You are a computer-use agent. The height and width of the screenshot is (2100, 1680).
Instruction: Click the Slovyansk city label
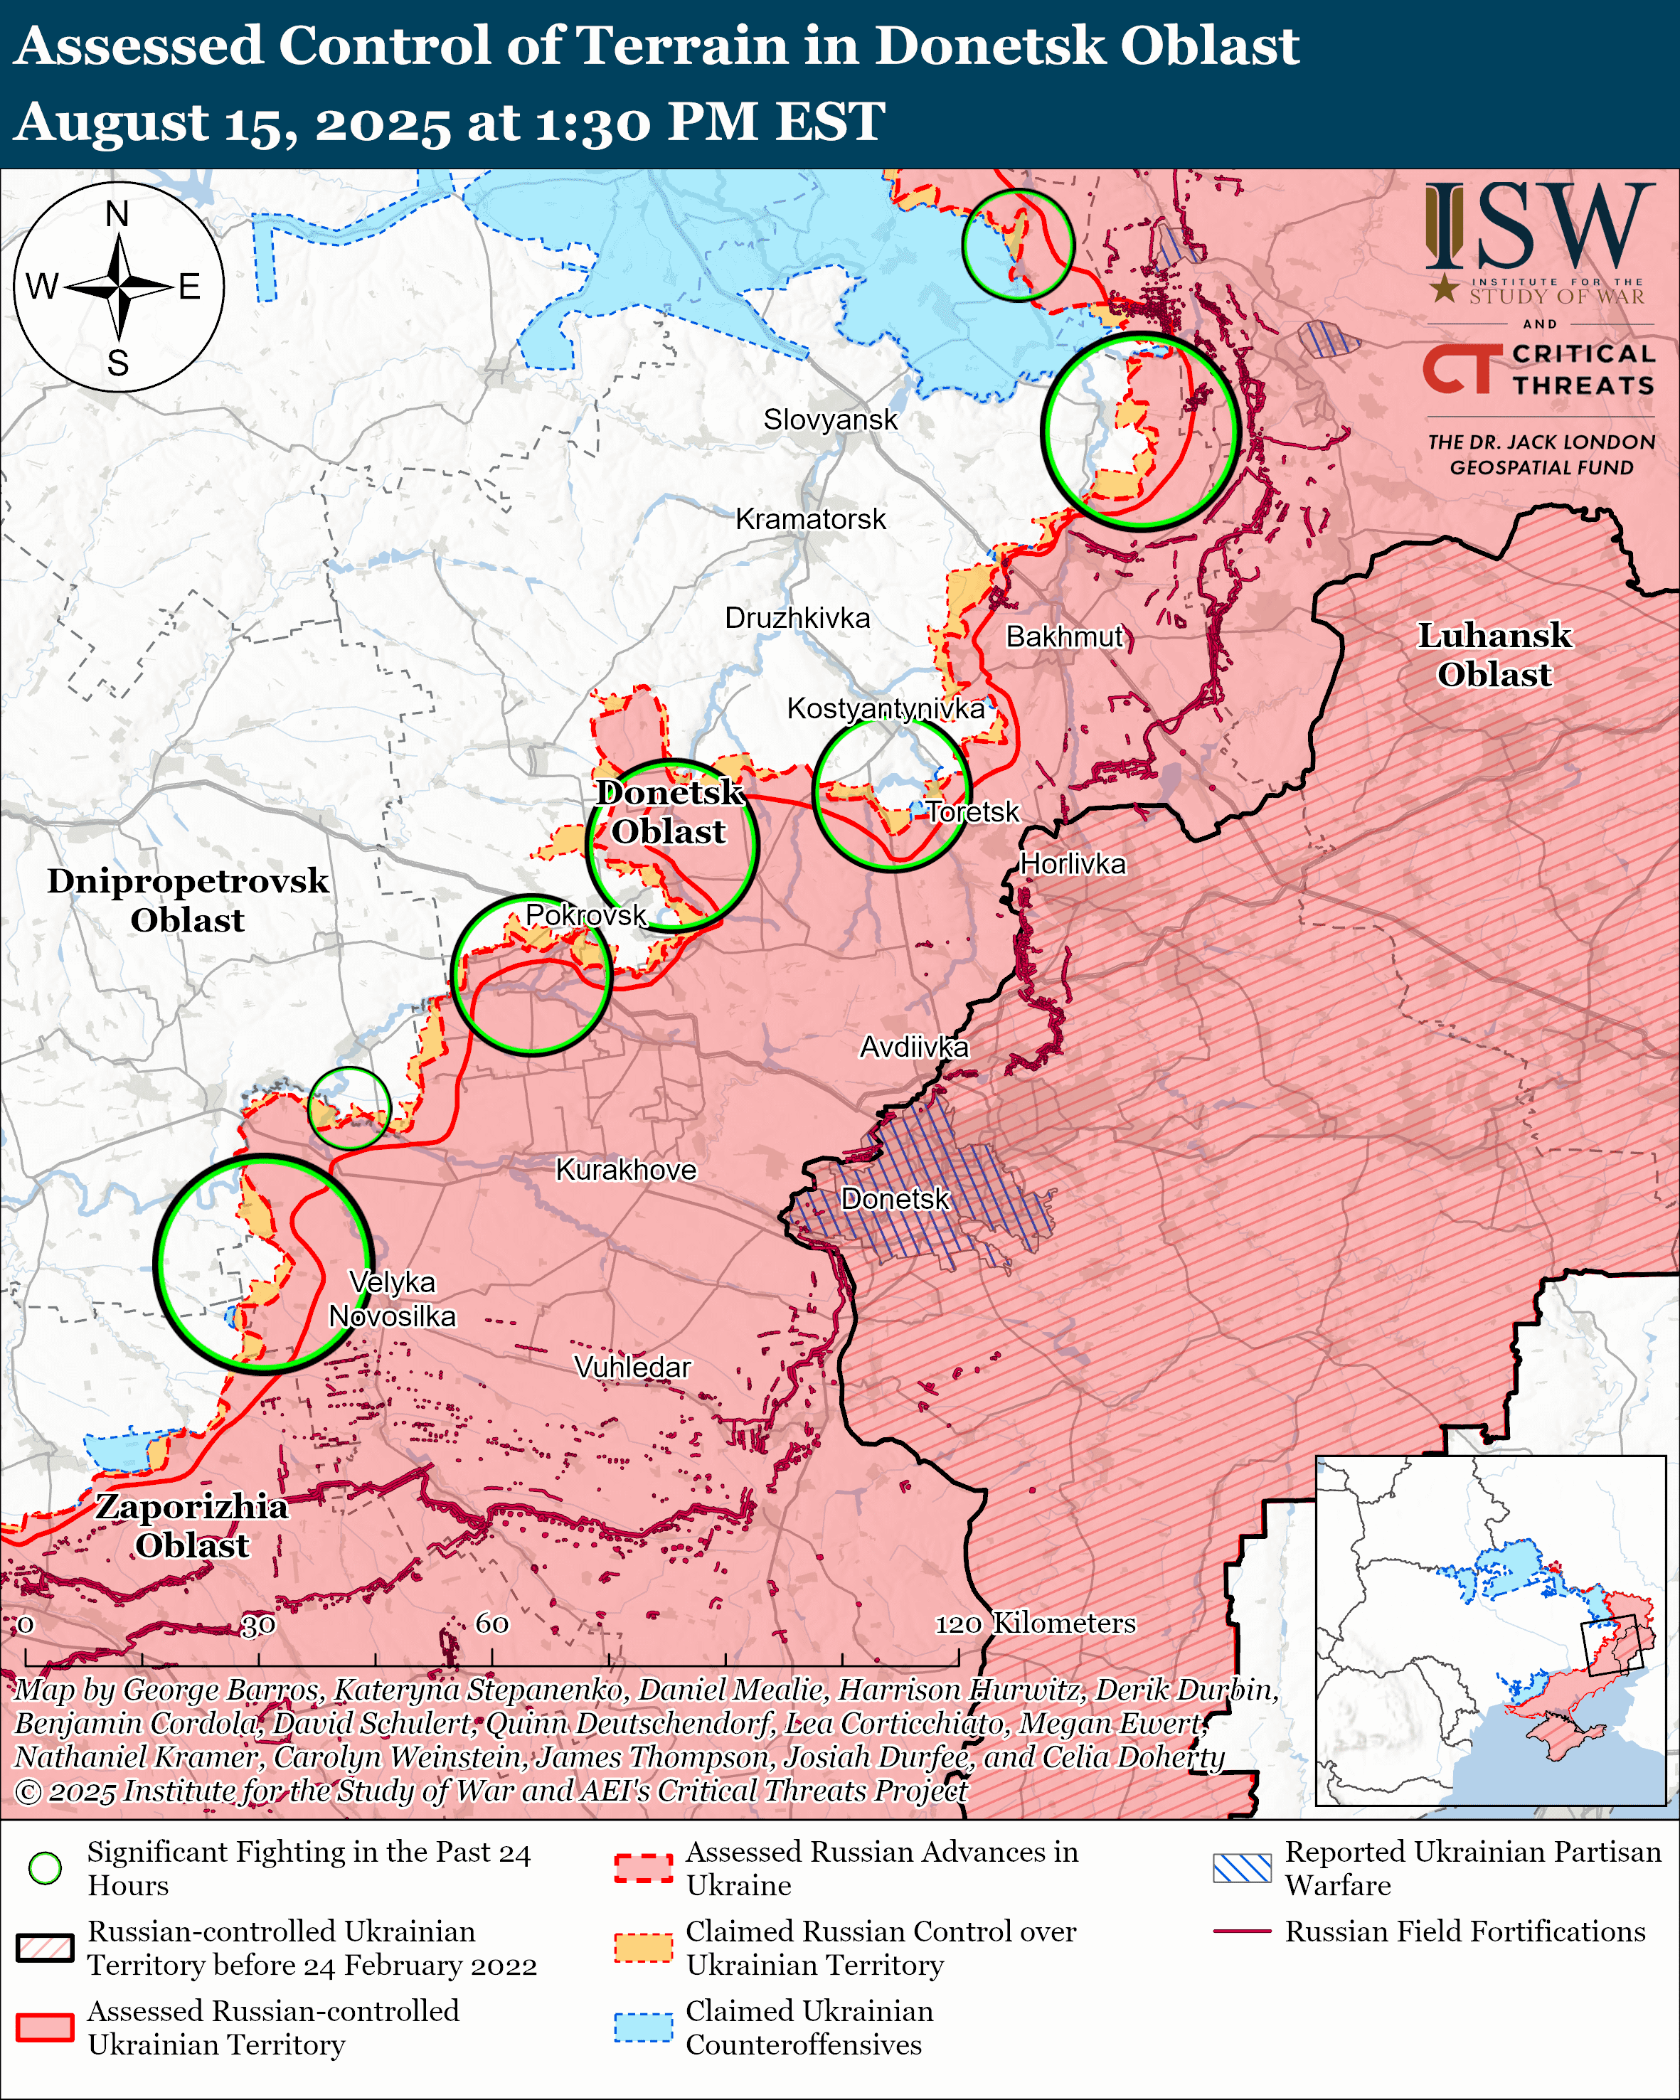click(x=830, y=420)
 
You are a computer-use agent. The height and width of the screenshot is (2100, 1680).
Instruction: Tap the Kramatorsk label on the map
click(x=810, y=519)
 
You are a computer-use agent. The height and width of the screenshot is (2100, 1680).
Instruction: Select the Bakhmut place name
click(x=1065, y=637)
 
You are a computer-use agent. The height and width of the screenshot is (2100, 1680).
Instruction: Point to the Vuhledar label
click(x=632, y=1368)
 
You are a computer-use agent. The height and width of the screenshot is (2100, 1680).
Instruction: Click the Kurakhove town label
click(x=626, y=1170)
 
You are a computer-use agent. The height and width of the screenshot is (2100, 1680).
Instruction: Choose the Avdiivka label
click(x=913, y=1047)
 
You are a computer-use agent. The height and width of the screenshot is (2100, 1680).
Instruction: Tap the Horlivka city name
click(x=1073, y=864)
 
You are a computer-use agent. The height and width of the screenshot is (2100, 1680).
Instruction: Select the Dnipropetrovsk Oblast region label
click(x=188, y=900)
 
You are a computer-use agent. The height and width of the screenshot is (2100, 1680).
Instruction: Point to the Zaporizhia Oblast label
click(x=192, y=1525)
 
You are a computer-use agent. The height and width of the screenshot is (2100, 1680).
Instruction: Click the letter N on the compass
click(x=117, y=214)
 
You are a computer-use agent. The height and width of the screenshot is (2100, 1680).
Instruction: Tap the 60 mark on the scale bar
click(x=491, y=1624)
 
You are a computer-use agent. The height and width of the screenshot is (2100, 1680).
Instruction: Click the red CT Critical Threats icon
click(x=1458, y=370)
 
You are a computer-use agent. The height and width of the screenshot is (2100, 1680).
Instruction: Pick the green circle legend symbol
click(x=45, y=1868)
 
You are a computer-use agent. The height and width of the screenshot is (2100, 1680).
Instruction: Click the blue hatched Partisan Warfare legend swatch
click(x=1242, y=1868)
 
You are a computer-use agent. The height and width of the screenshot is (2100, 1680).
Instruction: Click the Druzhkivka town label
click(x=797, y=619)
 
